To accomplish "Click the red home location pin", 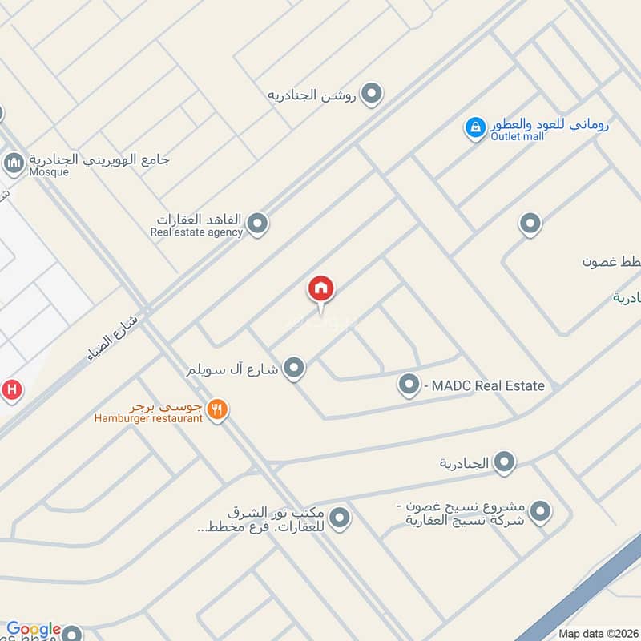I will tap(320, 289).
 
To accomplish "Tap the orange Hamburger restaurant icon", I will tap(216, 410).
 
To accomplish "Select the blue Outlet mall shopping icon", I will tap(475, 127).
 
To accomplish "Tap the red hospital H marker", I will tap(10, 390).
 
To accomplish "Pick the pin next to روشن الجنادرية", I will tap(370, 95).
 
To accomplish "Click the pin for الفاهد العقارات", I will tap(256, 224).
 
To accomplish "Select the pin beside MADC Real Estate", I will tap(409, 385).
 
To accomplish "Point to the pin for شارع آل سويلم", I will tap(295, 368).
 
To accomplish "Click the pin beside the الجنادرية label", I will tap(504, 462).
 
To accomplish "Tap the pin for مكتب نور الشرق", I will tap(340, 518).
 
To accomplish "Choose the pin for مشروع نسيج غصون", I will tap(541, 510).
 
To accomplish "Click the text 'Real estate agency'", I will tap(196, 232).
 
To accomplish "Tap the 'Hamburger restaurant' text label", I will tap(148, 418).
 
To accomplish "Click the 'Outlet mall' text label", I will tap(518, 136).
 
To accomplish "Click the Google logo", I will tap(34, 629).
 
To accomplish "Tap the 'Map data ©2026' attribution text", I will tap(597, 633).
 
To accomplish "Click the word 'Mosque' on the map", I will tap(49, 171).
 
